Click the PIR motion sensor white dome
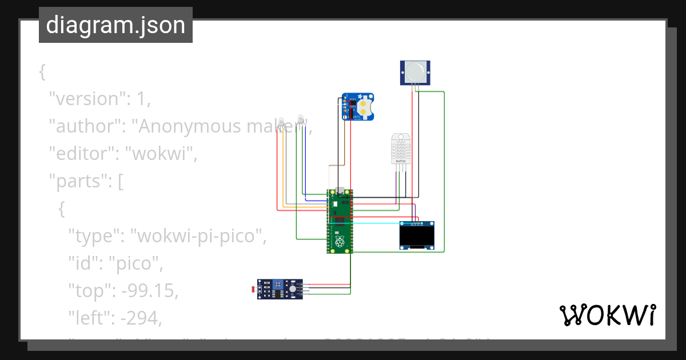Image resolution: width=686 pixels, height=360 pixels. [416, 71]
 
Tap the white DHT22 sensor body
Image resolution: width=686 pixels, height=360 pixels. [401, 149]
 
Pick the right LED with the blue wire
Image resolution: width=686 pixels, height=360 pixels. [300, 119]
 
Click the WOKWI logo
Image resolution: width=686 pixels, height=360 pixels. [607, 315]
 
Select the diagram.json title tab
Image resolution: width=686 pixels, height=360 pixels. [115, 25]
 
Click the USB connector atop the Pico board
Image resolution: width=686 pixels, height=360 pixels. [340, 190]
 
